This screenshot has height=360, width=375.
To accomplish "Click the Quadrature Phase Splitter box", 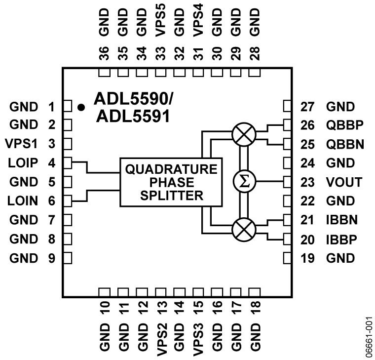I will (171, 182).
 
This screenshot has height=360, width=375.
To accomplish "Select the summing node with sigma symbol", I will (243, 182).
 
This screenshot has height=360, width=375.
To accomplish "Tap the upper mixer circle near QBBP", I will (243, 134).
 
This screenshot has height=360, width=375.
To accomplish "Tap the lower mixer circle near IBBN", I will (243, 229).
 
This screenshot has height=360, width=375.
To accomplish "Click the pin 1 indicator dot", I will (81, 106).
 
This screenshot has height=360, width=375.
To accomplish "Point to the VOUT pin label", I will (344, 182).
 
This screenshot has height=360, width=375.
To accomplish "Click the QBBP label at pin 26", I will (343, 125).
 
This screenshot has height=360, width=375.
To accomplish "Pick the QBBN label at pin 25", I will (343, 144).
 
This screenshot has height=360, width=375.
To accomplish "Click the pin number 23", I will (308, 182).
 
